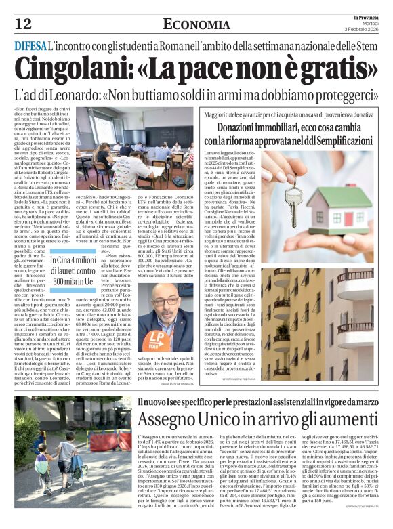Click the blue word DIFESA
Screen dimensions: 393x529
(30, 47)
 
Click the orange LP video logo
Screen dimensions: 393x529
(158, 337)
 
